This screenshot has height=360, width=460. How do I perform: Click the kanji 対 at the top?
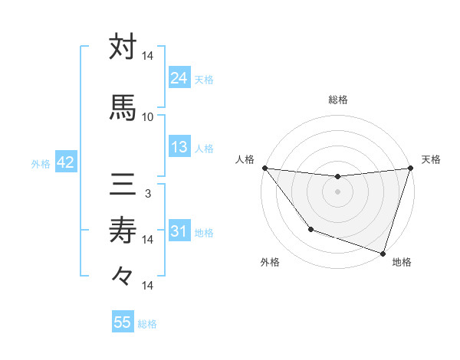tap(123, 47)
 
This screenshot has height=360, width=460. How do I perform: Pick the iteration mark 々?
tap(123, 275)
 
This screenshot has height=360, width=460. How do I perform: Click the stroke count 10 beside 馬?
tap(148, 117)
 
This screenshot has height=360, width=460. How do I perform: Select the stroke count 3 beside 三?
tap(148, 194)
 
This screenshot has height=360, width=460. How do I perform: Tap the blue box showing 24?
tap(179, 78)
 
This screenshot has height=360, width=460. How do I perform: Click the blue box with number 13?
tap(179, 147)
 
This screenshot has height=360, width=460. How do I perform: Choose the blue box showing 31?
tap(179, 231)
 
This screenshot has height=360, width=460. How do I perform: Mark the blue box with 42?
tap(65, 162)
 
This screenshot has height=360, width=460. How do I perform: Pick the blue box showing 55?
tap(123, 322)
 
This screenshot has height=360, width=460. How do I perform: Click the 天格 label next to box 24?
tap(204, 79)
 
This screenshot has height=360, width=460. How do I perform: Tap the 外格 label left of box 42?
tap(41, 163)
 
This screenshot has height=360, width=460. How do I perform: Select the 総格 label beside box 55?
tap(147, 323)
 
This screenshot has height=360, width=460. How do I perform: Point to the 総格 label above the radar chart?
tap(337, 100)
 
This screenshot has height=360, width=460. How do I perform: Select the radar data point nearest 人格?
tap(264, 168)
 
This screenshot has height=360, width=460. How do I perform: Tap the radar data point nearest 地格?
tap(383, 253)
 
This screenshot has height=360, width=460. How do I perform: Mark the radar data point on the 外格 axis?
tap(310, 229)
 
